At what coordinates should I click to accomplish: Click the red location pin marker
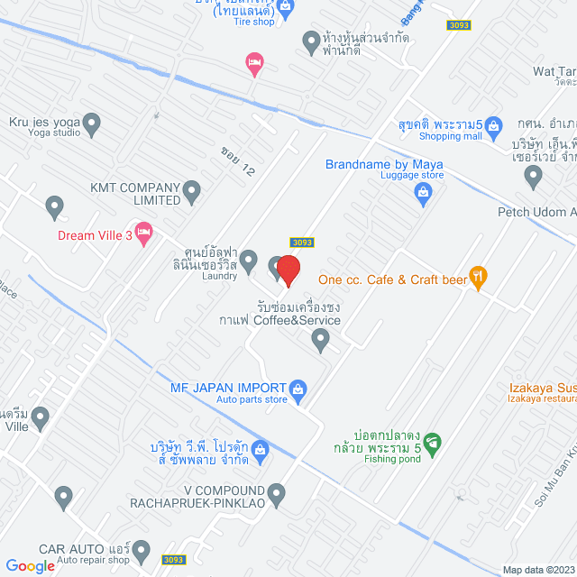(288, 270)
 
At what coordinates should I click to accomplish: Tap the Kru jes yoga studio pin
(91, 122)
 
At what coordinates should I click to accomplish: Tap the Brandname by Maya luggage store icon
(422, 192)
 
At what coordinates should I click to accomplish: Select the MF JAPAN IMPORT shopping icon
(299, 388)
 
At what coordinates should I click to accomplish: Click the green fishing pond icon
(433, 442)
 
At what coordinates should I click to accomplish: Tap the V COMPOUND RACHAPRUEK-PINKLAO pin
(277, 493)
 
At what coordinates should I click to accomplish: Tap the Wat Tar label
(554, 71)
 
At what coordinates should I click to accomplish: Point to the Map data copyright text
(537, 570)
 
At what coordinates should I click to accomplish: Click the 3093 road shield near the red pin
(302, 243)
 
